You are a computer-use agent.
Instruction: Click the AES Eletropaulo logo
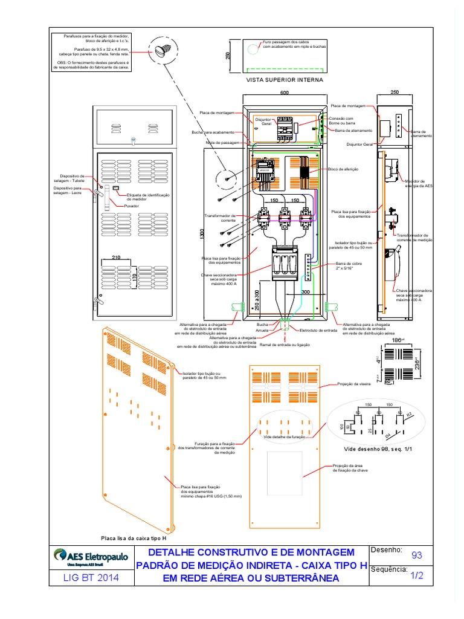tap(91, 555)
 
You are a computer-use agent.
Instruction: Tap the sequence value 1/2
tap(416, 576)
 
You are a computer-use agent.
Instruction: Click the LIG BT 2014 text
tap(91, 578)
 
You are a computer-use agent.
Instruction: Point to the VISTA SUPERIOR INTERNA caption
tap(284, 79)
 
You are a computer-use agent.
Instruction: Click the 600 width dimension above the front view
tap(285, 92)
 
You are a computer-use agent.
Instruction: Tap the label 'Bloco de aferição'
tap(343, 169)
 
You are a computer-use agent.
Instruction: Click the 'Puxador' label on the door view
tap(132, 206)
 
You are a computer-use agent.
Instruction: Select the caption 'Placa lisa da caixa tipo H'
tap(133, 537)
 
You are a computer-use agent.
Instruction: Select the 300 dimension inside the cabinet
tap(305, 292)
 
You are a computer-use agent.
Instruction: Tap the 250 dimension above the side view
tap(395, 92)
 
